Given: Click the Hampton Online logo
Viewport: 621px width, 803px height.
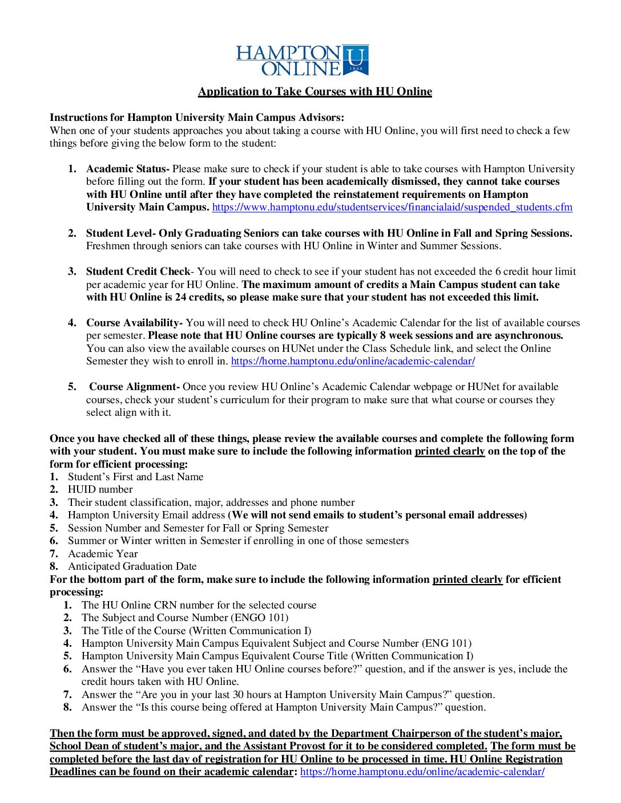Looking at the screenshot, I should [x=303, y=60].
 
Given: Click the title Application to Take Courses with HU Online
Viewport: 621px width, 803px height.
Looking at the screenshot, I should [x=314, y=92].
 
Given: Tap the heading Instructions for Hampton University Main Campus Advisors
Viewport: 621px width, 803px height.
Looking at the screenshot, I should [x=196, y=117].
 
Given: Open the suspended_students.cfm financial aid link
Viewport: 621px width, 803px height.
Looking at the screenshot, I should [x=392, y=207].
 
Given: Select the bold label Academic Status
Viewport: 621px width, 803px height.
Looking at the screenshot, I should [x=127, y=169].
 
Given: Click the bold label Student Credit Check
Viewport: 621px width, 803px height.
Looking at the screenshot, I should [x=138, y=271].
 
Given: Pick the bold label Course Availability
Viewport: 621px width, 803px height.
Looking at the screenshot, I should [x=134, y=323].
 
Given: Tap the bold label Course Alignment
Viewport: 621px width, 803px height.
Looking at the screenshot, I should [x=134, y=387].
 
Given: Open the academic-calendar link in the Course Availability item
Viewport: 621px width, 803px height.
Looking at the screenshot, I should [x=353, y=361].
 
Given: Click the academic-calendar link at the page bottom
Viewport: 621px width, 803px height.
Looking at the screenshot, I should [x=422, y=772].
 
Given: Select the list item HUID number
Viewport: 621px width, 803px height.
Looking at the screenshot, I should [x=100, y=489].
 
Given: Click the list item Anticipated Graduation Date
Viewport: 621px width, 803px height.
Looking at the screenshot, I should [x=132, y=566].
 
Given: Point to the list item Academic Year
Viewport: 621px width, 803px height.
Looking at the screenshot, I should [x=103, y=554].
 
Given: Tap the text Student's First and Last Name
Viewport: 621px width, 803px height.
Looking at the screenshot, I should [x=136, y=477].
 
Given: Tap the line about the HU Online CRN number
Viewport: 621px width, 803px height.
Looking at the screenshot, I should [x=199, y=605].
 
